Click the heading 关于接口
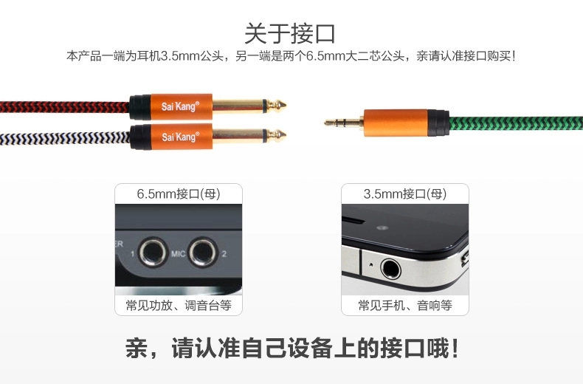(x=290, y=33)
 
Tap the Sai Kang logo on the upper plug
(x=180, y=106)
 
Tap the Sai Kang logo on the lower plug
(x=180, y=137)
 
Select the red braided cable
(x=65, y=107)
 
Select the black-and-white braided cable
(x=65, y=138)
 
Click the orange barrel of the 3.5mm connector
(x=396, y=123)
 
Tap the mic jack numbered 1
(x=153, y=253)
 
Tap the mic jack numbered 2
(x=203, y=253)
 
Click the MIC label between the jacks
(x=178, y=254)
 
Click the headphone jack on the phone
(x=390, y=269)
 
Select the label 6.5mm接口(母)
(x=179, y=194)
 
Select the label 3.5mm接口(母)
(x=405, y=194)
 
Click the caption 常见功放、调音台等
(x=179, y=306)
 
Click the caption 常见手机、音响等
(x=405, y=306)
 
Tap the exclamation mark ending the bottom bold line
(x=455, y=348)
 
